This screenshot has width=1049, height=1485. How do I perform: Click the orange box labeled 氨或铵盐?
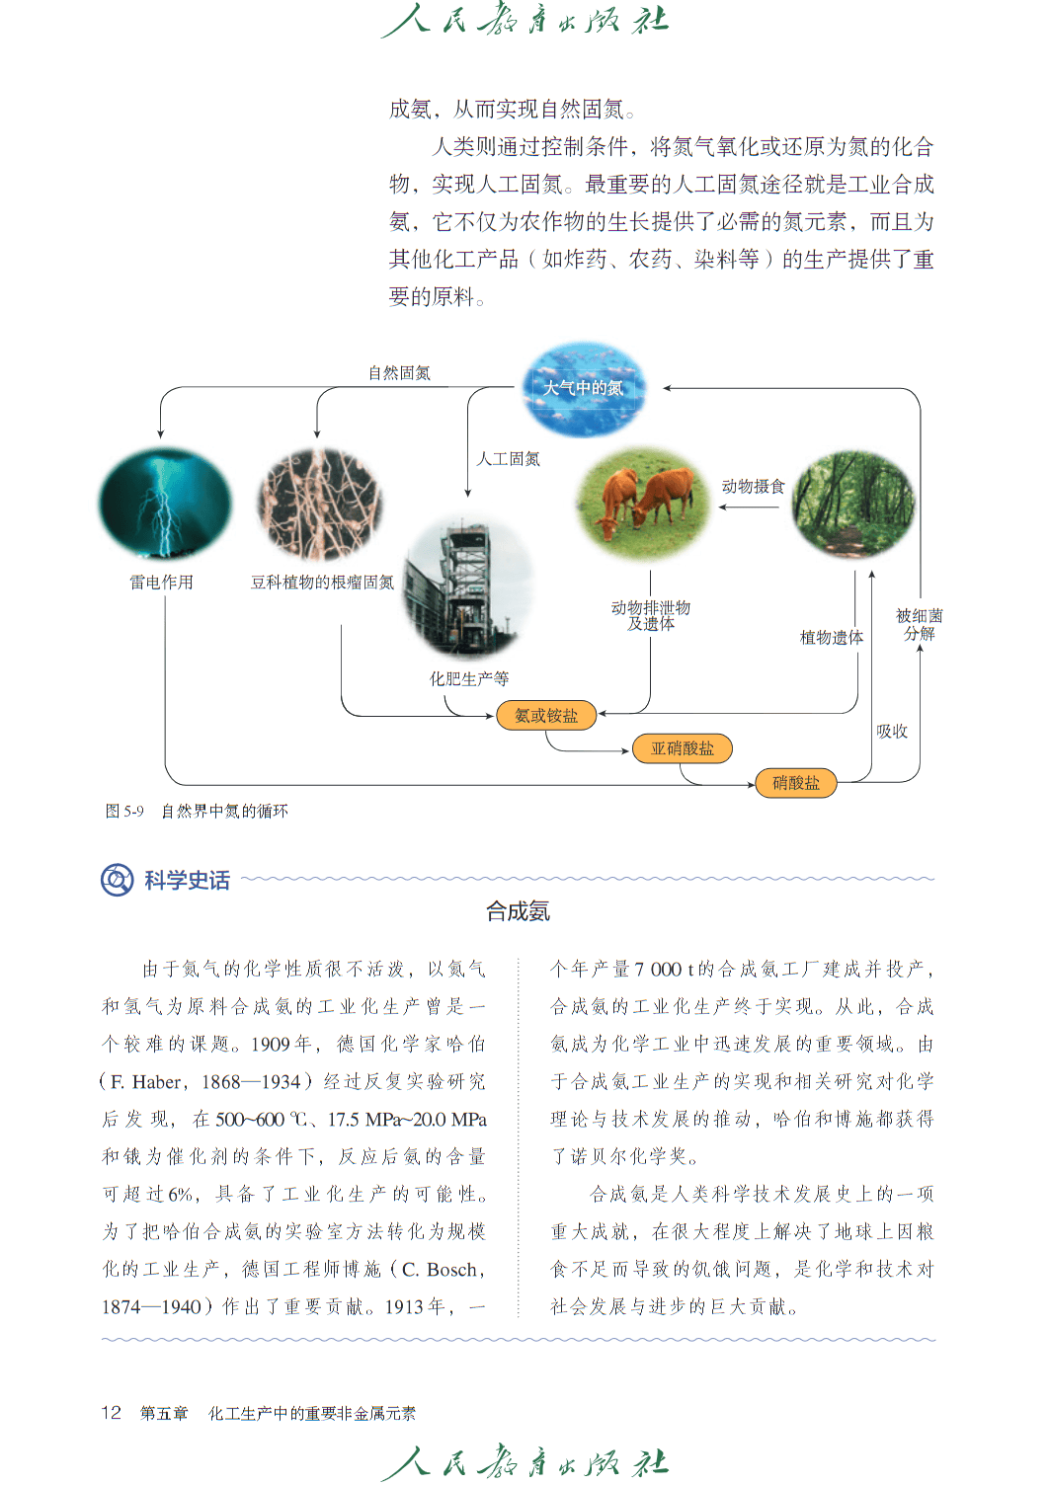tap(545, 715)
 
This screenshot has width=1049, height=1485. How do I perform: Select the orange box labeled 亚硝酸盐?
tap(683, 748)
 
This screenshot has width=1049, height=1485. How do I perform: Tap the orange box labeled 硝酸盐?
tap(796, 783)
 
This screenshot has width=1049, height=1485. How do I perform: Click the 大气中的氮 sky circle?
tap(584, 389)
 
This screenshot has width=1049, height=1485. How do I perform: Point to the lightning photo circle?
tap(165, 503)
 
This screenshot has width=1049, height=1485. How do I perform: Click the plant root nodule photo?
tap(321, 504)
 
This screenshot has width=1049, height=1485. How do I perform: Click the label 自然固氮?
tap(399, 373)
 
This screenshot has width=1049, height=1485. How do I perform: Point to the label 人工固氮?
tap(508, 459)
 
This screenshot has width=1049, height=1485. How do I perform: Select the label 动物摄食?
tap(754, 487)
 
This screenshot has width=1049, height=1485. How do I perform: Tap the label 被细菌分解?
tap(919, 624)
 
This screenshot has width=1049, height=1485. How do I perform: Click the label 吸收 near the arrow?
tap(892, 732)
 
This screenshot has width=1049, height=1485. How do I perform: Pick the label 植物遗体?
tap(832, 638)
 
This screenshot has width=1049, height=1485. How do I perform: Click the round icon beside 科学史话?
tap(118, 880)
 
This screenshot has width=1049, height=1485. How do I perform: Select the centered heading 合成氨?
tap(518, 911)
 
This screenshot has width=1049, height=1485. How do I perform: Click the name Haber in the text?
tap(156, 1082)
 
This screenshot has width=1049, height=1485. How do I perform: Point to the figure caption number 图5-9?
tap(124, 811)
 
